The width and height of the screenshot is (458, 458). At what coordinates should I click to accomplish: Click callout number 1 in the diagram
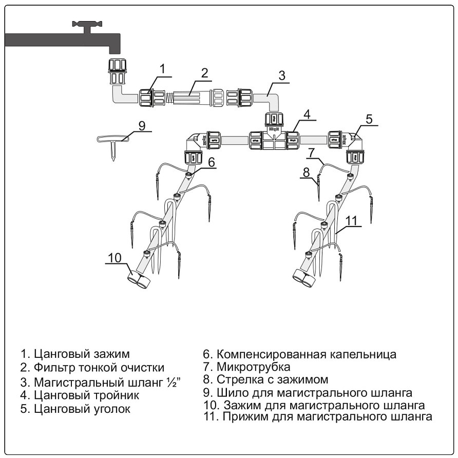(162, 69)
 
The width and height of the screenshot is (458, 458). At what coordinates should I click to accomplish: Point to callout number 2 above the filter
(204, 73)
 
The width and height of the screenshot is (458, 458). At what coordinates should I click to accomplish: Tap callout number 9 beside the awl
(142, 125)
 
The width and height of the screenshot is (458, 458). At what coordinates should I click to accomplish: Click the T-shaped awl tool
(113, 141)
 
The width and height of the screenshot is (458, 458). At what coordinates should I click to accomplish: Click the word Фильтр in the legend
(55, 368)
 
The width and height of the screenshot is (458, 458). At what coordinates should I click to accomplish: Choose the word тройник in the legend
(113, 396)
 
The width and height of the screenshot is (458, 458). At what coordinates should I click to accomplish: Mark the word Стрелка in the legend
(239, 380)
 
